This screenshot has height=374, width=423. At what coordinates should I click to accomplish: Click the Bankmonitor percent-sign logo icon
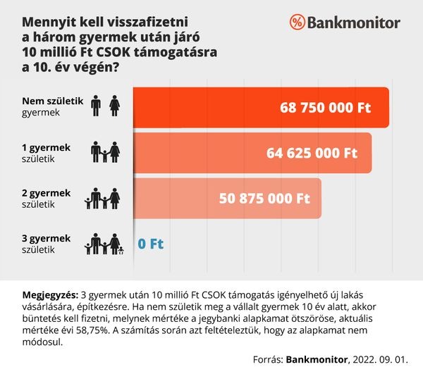[x=298, y=23]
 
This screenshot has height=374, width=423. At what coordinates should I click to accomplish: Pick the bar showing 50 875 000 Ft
[x=226, y=198]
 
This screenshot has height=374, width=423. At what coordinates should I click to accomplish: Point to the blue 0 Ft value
[x=150, y=244]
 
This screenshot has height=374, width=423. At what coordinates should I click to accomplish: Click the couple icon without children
[x=105, y=106]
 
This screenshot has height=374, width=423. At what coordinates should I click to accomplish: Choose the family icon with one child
[x=105, y=152]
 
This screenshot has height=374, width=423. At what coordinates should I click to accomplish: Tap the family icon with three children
[x=104, y=244]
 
